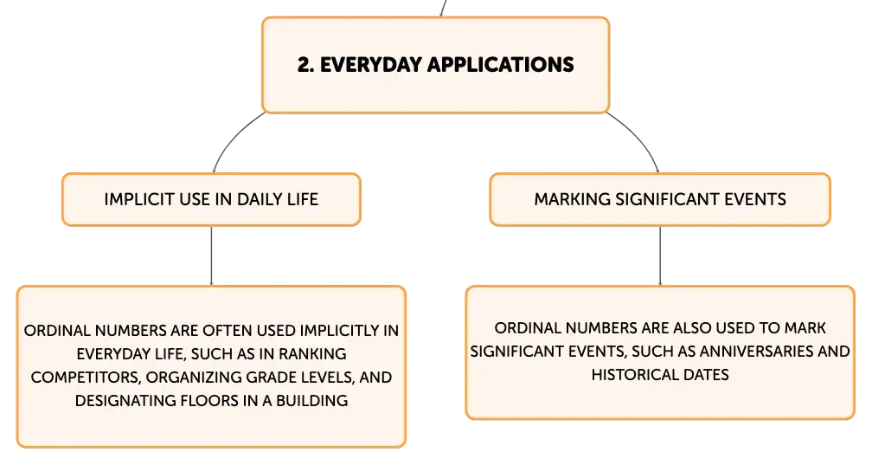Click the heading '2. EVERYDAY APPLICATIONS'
point(435,65)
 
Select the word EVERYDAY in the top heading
point(371,65)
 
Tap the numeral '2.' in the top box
point(306,65)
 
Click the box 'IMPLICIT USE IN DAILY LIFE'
point(211,199)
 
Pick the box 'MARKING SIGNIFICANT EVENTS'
point(660,199)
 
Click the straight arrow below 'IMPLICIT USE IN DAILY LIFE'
point(211,255)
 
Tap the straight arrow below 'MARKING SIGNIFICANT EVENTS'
point(660,255)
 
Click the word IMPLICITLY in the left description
point(341,331)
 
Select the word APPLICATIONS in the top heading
point(501,65)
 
